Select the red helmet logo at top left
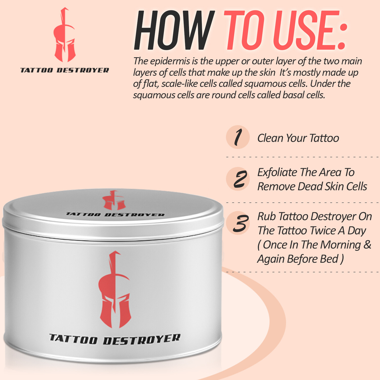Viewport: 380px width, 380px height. coord(64,35)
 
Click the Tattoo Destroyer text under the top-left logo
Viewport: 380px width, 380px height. coord(64,70)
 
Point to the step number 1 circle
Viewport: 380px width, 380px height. coord(238,137)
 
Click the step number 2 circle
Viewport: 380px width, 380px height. coord(238,179)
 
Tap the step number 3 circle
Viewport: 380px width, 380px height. coord(238,223)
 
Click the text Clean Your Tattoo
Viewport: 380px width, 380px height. coord(298,138)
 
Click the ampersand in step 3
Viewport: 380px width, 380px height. coord(367,245)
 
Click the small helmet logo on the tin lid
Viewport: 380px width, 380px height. coord(114,200)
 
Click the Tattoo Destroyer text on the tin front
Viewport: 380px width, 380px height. coord(115,339)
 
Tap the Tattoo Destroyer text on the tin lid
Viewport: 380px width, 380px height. coord(115,215)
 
